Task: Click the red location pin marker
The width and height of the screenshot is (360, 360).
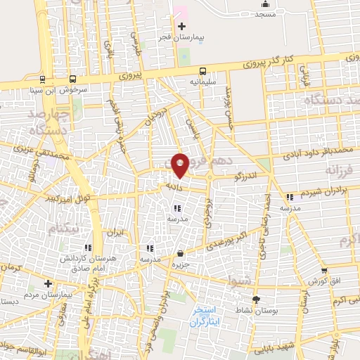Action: point(181,165)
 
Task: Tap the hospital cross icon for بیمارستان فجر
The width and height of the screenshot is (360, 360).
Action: point(181,26)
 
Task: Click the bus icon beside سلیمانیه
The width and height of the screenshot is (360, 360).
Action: point(202,71)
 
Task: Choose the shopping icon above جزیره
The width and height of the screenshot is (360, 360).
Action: point(181,253)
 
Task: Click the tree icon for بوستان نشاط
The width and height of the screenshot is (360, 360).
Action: point(255,300)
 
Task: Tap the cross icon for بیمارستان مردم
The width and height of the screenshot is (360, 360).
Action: point(48,284)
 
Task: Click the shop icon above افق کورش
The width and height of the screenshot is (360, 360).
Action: point(323,271)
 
